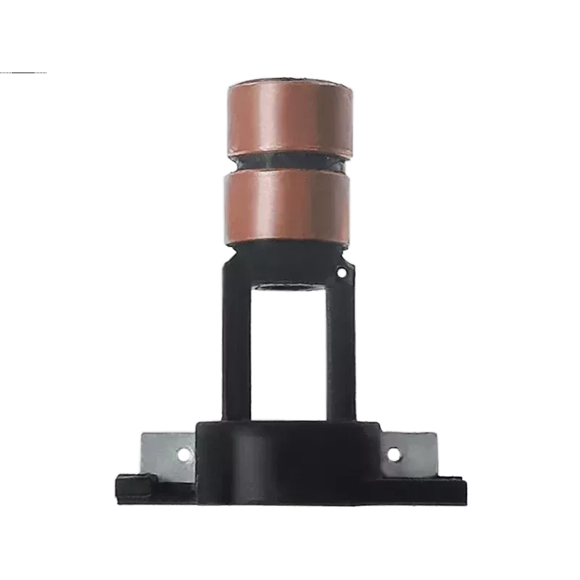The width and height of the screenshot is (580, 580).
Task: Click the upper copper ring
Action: pos(290,116)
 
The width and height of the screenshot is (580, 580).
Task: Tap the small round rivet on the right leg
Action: pos(341,273)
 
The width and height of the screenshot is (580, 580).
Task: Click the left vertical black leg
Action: pos(236,341)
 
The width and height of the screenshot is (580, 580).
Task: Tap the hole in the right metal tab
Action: pos(393,455)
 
